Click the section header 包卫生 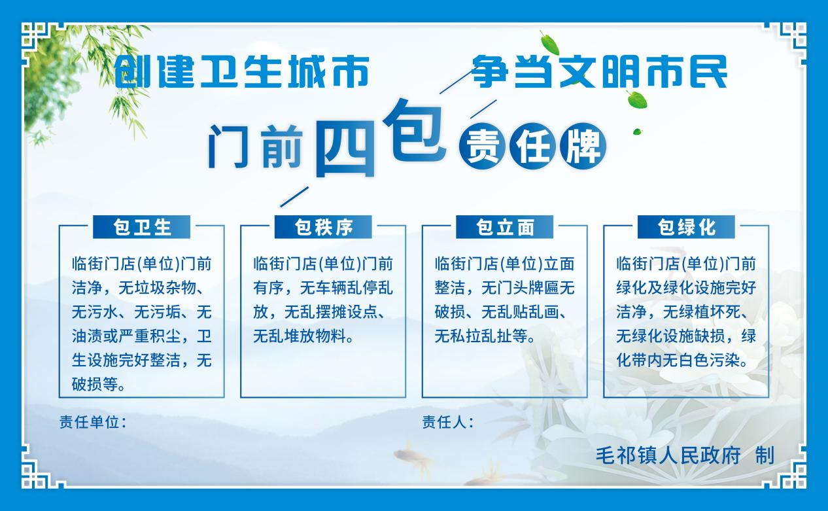pyautogui.click(x=141, y=227)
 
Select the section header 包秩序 pyautogui.click(x=323, y=227)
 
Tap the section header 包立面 pyautogui.click(x=504, y=227)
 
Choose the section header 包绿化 pyautogui.click(x=686, y=227)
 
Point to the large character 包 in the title pyautogui.click(x=414, y=130)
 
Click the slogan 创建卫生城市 pyautogui.click(x=241, y=71)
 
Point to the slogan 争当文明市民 pyautogui.click(x=600, y=71)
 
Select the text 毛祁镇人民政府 pyautogui.click(x=668, y=455)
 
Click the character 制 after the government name pyautogui.click(x=765, y=455)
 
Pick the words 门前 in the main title pyautogui.click(x=255, y=147)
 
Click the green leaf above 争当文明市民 pyautogui.click(x=549, y=44)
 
